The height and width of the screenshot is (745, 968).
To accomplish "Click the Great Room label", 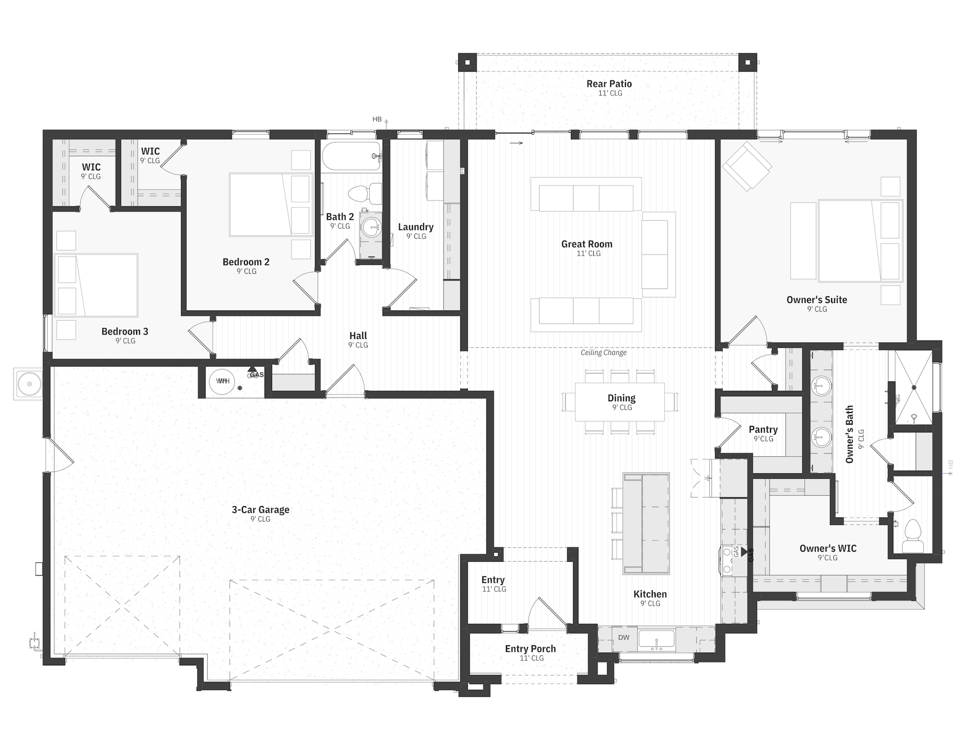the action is pyautogui.click(x=587, y=244).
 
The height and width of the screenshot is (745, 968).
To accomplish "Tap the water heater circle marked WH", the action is pyautogui.click(x=222, y=381).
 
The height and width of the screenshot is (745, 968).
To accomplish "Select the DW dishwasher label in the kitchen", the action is pyautogui.click(x=624, y=637).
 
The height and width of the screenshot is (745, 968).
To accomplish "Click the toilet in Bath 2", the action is pyautogui.click(x=365, y=194).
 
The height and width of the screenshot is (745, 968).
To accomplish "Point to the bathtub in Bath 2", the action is pyautogui.click(x=351, y=157).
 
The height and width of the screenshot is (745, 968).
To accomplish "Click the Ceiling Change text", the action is pyautogui.click(x=603, y=352).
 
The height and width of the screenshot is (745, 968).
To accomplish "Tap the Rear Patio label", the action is pyautogui.click(x=609, y=84).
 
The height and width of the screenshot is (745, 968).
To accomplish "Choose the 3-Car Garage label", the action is pyautogui.click(x=261, y=510).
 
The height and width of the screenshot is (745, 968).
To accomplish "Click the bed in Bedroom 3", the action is pyautogui.click(x=96, y=285).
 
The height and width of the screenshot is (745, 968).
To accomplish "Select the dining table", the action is pyautogui.click(x=620, y=402).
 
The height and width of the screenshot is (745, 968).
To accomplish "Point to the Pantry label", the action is pyautogui.click(x=763, y=430).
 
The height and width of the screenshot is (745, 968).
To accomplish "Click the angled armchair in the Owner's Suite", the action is pyautogui.click(x=747, y=166).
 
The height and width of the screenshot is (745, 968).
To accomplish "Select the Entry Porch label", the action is pyautogui.click(x=531, y=649).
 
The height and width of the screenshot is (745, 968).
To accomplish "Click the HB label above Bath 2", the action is pyautogui.click(x=377, y=119).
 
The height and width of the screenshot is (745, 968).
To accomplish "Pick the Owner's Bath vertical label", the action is pyautogui.click(x=849, y=434).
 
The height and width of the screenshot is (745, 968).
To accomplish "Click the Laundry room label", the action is pyautogui.click(x=416, y=227).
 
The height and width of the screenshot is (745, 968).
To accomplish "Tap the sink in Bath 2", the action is pyautogui.click(x=371, y=228).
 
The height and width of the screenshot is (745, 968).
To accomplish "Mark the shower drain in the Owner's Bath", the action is pyautogui.click(x=914, y=387).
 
